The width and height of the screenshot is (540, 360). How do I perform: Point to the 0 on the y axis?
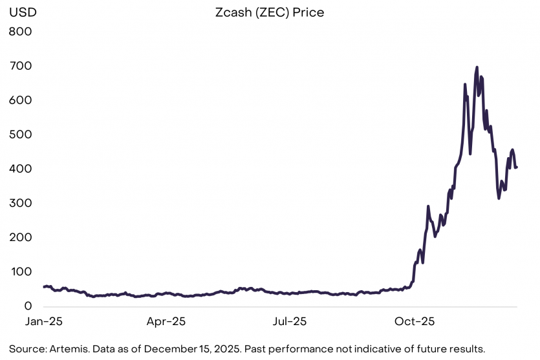click(x=28, y=306)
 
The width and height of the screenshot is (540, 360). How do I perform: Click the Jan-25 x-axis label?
click(x=43, y=321)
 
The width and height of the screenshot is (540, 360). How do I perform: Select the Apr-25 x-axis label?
click(x=166, y=321)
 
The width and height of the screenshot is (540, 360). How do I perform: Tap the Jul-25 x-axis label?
click(x=289, y=321)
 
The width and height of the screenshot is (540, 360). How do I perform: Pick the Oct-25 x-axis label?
click(x=415, y=321)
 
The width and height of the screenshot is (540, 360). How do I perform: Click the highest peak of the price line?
click(x=477, y=67)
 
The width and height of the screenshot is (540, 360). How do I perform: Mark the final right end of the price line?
click(x=516, y=167)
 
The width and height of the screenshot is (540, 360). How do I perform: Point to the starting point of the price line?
click(x=43, y=286)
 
